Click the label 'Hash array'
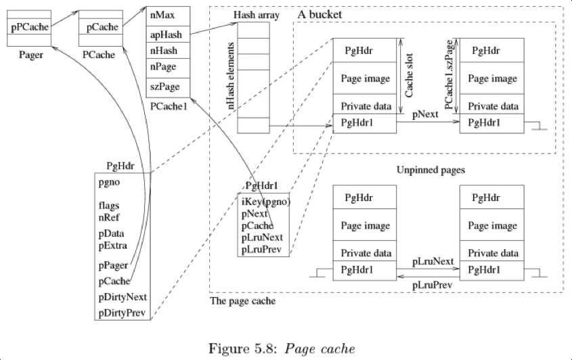click(x=252, y=14)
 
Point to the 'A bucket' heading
click(x=320, y=14)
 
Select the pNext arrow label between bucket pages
click(x=426, y=115)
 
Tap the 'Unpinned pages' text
click(x=430, y=171)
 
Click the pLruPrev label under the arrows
click(x=431, y=286)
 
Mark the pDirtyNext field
click(x=123, y=297)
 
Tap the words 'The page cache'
click(x=242, y=300)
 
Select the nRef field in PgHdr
click(x=110, y=217)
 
